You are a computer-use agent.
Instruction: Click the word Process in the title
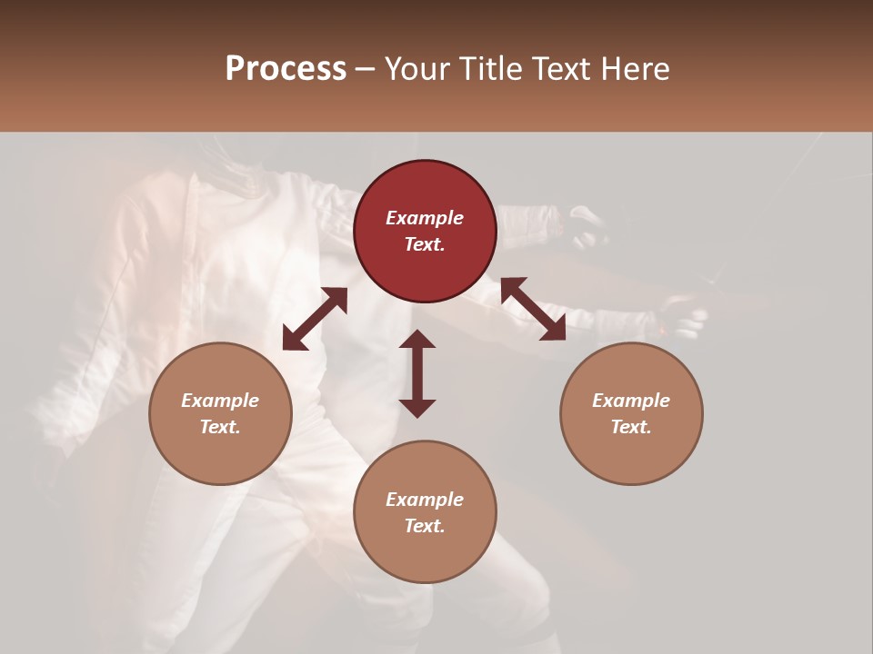pos(286,69)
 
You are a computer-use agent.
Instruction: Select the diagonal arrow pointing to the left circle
pos(315,319)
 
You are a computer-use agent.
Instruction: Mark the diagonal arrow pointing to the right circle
pos(533,310)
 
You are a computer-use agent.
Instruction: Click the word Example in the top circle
pos(425,218)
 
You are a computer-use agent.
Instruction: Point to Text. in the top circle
pos(425,244)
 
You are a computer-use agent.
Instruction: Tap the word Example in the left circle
pos(220,401)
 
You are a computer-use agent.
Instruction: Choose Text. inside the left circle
pos(220,427)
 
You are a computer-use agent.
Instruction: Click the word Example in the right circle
pos(631,401)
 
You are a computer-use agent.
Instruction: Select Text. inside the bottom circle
pos(425,526)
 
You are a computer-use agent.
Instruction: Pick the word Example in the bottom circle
pos(425,500)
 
